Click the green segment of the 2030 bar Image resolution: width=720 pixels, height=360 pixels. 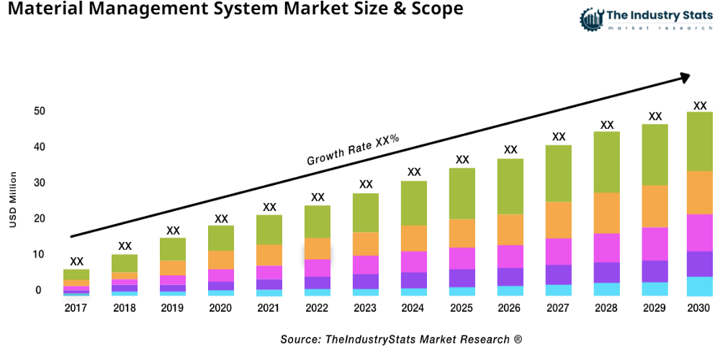[x=699, y=141]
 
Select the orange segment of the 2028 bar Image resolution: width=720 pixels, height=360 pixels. [x=607, y=212]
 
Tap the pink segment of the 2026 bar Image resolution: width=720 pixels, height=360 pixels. [x=510, y=256]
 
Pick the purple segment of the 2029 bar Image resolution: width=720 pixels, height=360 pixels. [x=654, y=271]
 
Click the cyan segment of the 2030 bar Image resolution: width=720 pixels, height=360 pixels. [x=699, y=287]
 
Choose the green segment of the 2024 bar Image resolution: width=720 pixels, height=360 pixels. [x=414, y=203]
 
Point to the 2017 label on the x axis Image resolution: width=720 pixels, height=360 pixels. [x=76, y=308]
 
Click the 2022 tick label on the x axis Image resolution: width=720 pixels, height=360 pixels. [x=318, y=308]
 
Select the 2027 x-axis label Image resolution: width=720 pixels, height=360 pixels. [x=559, y=308]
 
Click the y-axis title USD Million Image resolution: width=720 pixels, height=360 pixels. [x=13, y=199]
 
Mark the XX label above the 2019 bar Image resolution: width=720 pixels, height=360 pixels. [x=173, y=230]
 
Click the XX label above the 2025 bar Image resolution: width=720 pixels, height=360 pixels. [x=462, y=160]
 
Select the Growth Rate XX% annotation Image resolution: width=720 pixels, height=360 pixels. [x=353, y=150]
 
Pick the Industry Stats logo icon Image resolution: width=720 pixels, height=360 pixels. [x=591, y=19]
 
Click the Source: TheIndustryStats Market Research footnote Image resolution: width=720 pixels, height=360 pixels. [x=401, y=338]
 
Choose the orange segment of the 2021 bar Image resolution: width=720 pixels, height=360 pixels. [x=269, y=255]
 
